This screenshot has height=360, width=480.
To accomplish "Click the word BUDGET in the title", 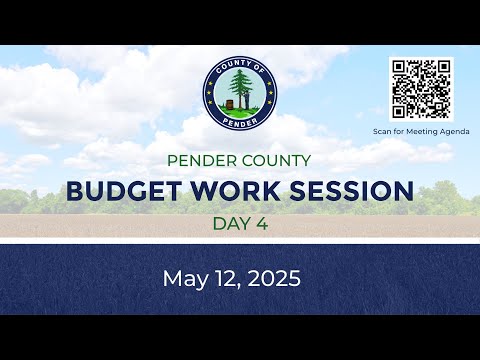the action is point(124,191).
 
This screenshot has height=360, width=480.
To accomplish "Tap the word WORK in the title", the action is point(235,191).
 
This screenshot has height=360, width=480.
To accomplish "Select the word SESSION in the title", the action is point(352,191).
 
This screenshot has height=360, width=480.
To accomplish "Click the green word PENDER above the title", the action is point(202,161).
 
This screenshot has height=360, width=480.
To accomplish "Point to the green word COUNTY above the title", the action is point(276,161).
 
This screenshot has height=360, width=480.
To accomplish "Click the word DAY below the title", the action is point(232,224).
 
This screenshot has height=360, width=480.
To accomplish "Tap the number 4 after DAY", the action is point(262,224).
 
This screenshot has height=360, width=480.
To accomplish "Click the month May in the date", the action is point(185,279).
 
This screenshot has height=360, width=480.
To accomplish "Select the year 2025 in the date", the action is point(274,279).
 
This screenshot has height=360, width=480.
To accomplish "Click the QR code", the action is point(421,89).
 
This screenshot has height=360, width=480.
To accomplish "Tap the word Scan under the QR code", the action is point(382,132).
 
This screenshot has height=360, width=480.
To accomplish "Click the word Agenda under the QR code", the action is point(455,132).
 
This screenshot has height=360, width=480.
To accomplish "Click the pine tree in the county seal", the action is point(240,88).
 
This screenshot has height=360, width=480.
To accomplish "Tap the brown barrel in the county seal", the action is point(229,104).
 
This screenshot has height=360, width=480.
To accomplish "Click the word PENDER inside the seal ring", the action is point(240,121).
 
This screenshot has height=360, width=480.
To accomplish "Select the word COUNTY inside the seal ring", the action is point(230,66).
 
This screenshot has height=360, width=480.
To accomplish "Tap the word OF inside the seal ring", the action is point(257,68).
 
